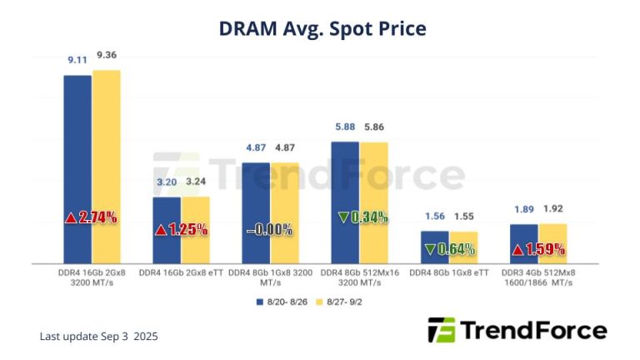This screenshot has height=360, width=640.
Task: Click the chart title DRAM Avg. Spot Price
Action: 322,28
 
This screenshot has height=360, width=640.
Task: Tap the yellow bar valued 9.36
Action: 107,166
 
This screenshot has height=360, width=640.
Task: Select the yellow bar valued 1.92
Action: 553,242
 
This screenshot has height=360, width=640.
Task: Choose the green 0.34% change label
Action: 362,217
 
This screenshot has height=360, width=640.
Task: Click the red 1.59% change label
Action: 538,248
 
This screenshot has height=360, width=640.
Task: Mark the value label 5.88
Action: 343,127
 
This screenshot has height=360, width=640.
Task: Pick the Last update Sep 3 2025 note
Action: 98,336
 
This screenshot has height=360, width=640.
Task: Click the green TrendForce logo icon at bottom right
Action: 441,330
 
